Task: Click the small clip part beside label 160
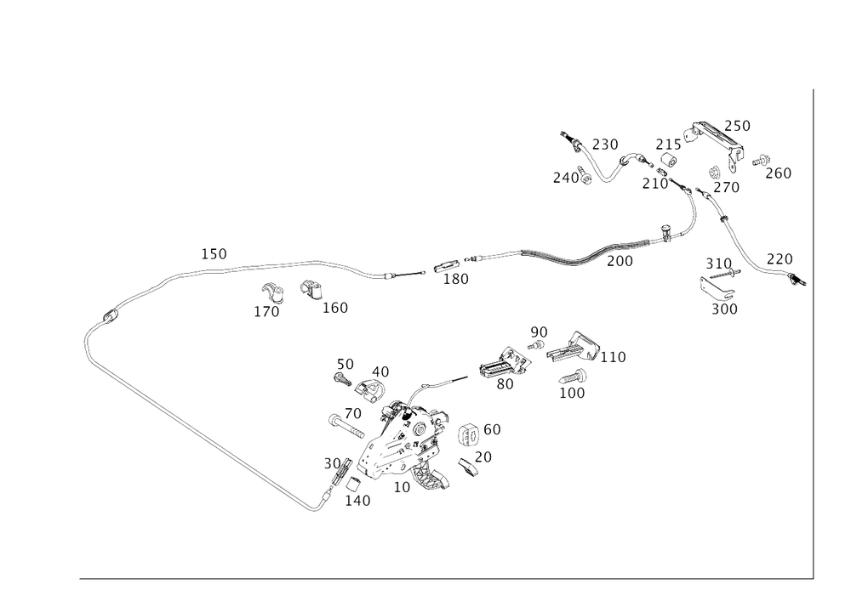310,291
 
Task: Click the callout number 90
539,331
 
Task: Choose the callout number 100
572,394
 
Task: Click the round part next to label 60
468,435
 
